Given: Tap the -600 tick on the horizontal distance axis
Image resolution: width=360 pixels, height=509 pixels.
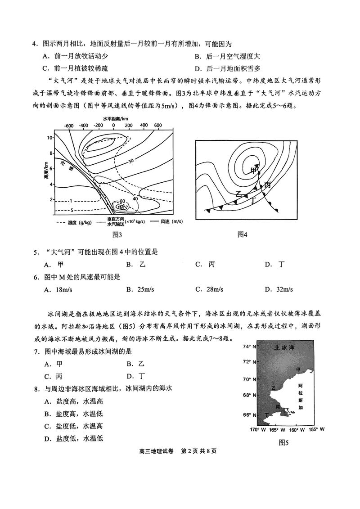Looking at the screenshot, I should [68, 126].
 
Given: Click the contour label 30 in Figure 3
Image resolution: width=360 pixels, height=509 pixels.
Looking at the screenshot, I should [131, 161].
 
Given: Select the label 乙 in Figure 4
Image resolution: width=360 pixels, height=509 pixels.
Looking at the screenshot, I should [239, 194].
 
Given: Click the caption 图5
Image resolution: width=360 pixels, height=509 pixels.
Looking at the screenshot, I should [283, 442].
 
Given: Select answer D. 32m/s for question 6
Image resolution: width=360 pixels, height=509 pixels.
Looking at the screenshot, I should [279, 289].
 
